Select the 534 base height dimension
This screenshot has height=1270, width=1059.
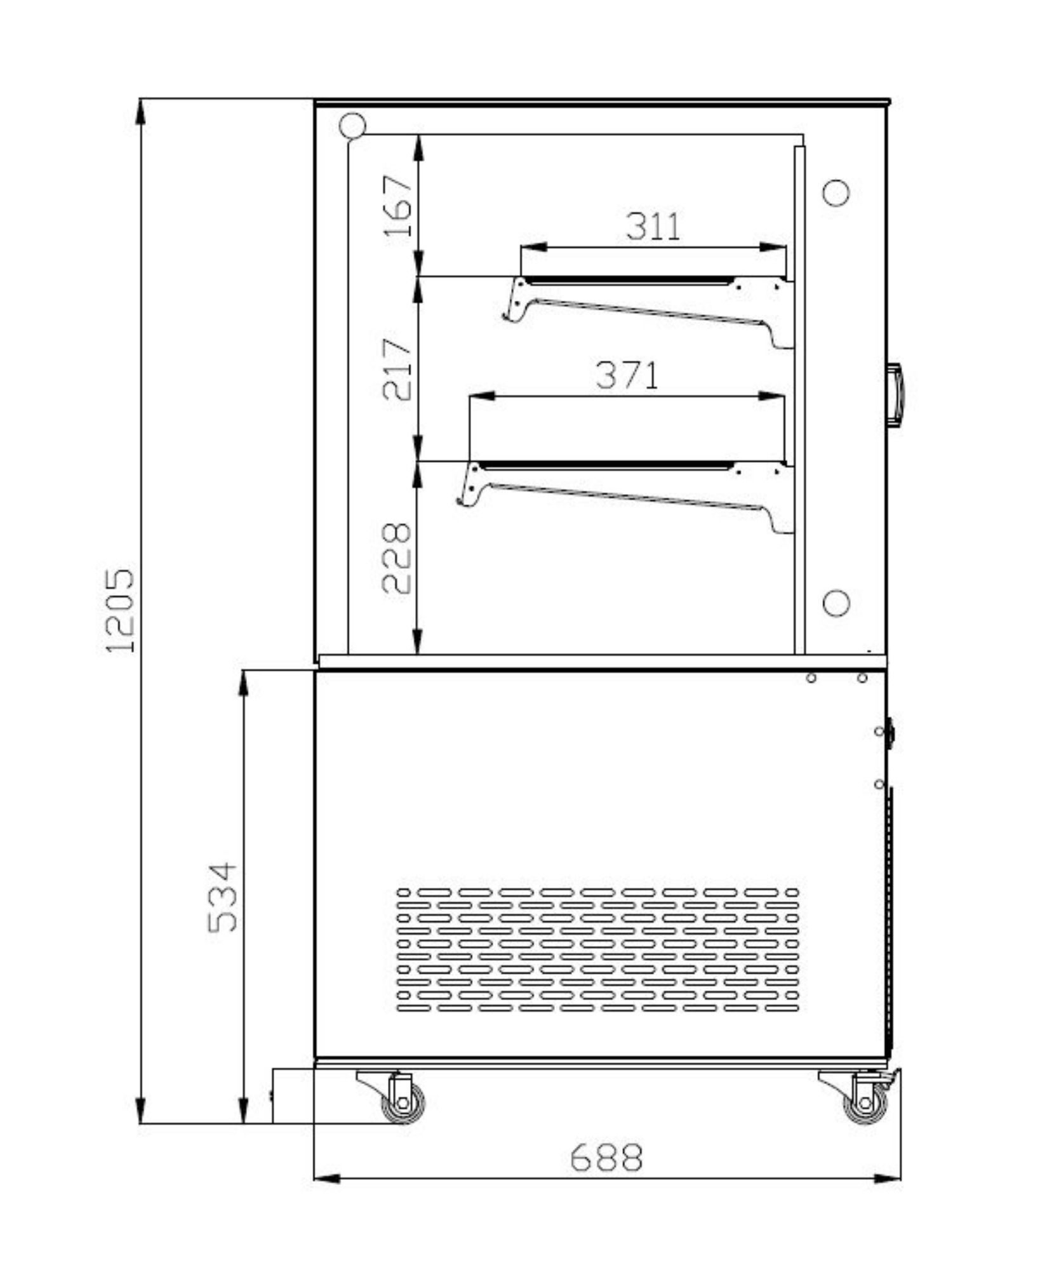click(x=222, y=897)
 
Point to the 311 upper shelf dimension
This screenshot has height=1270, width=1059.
click(x=653, y=226)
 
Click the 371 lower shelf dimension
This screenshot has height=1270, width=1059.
click(x=627, y=375)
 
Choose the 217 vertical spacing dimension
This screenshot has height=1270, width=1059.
click(x=397, y=370)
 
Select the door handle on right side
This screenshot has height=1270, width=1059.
click(x=895, y=394)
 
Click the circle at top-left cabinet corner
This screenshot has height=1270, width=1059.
click(x=352, y=125)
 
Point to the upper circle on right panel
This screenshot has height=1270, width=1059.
click(x=836, y=192)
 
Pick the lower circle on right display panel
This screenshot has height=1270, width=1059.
click(x=836, y=603)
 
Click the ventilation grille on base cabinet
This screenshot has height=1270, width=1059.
click(x=597, y=949)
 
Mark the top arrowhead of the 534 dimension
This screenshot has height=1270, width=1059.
click(x=243, y=683)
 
